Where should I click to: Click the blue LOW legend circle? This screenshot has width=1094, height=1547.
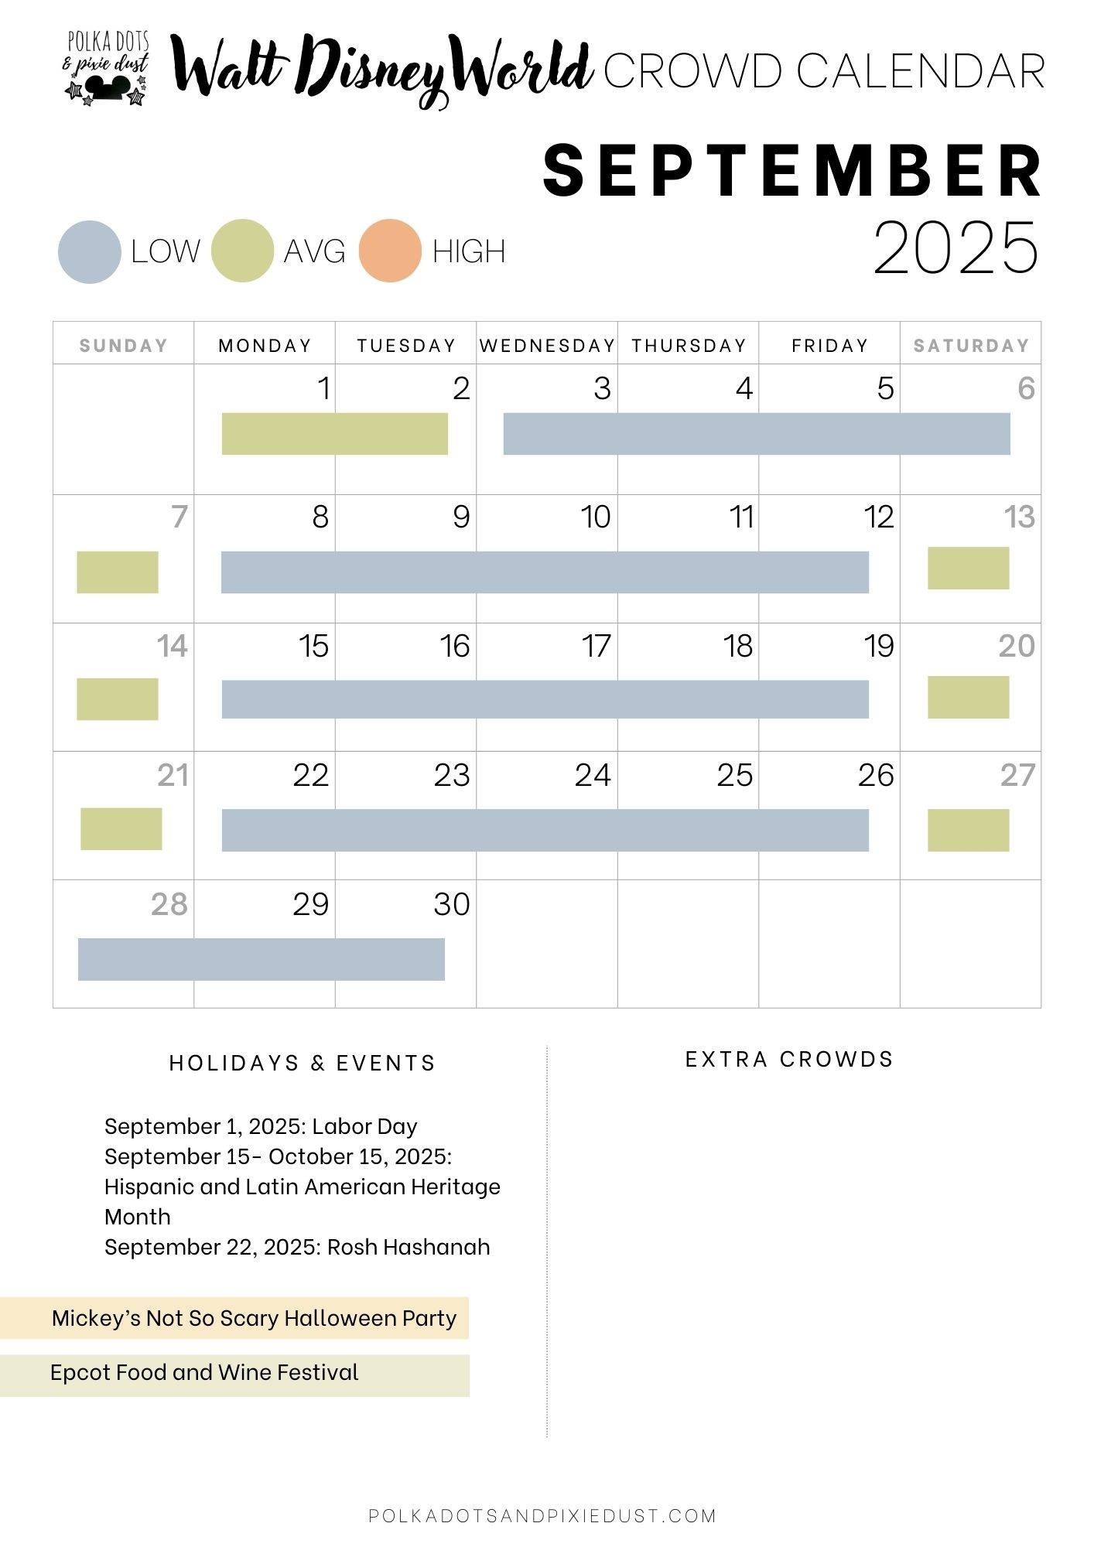point(90,252)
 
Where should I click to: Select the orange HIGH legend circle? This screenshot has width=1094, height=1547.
point(390,251)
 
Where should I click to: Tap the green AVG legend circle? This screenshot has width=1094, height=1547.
point(242,251)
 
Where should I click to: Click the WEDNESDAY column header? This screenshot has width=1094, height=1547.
point(547,346)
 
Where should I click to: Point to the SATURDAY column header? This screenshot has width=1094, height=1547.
point(971,346)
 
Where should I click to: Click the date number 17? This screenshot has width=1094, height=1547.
point(596,646)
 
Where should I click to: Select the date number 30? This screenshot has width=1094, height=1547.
point(452,904)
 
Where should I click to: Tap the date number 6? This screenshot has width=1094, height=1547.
point(1026,388)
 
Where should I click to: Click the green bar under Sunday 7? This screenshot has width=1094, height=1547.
point(118,572)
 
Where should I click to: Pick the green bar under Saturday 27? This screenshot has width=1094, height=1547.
point(968,830)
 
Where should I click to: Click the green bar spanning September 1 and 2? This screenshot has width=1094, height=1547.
point(334,434)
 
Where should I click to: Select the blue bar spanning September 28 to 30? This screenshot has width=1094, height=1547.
point(262,959)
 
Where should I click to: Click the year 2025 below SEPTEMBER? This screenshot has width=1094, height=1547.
point(956,248)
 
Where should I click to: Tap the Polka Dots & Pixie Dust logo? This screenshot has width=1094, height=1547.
point(107,68)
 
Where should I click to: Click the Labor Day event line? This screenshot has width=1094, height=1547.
point(261,1126)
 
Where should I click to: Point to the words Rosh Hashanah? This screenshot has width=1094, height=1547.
point(409,1247)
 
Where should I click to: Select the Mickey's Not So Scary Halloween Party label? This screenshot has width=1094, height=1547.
point(254,1318)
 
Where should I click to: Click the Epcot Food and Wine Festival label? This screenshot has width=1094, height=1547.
point(204,1372)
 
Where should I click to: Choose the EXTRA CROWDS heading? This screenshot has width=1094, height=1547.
point(789,1059)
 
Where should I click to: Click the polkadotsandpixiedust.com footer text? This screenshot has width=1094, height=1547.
point(542,1515)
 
